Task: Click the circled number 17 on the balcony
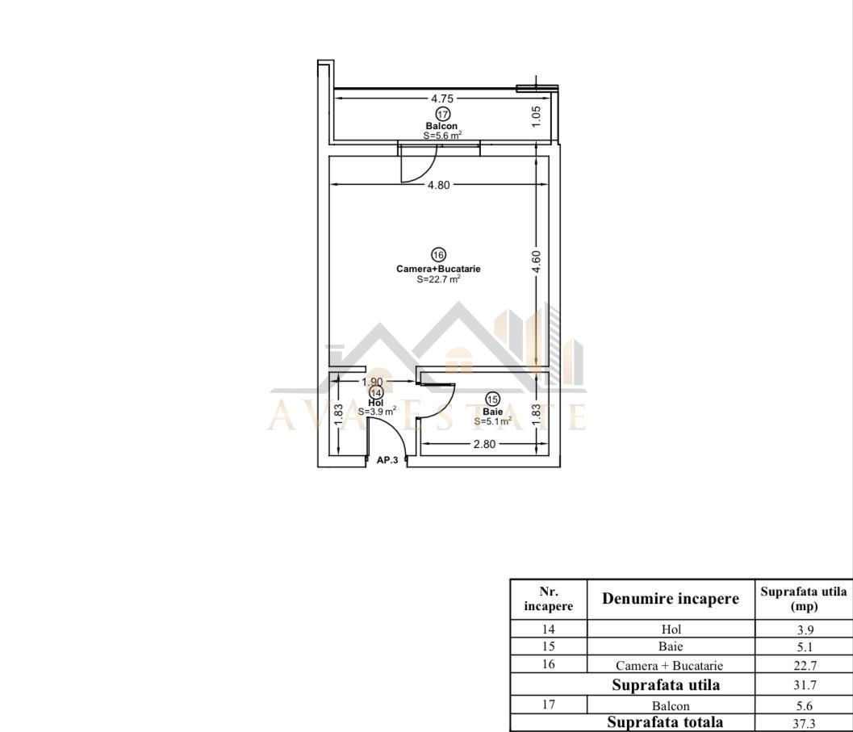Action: click(x=443, y=115)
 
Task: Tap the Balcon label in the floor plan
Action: click(x=441, y=126)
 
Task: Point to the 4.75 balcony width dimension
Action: click(x=442, y=98)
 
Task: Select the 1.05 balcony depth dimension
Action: click(x=536, y=116)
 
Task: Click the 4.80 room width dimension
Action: click(x=439, y=185)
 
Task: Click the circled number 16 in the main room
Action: click(x=438, y=255)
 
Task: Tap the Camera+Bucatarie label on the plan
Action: click(x=438, y=269)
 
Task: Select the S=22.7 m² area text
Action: click(x=439, y=279)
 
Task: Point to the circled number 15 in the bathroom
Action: click(x=493, y=399)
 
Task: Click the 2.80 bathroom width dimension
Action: click(x=484, y=444)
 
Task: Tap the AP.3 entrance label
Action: click(x=387, y=460)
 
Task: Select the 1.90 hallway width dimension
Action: click(x=372, y=382)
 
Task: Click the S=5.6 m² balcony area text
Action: click(x=443, y=136)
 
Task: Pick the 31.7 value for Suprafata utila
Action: click(x=805, y=685)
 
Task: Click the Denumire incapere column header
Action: click(x=671, y=599)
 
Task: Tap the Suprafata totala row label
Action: click(x=665, y=722)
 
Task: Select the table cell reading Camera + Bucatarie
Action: click(x=670, y=666)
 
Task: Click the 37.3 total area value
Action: click(x=805, y=723)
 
